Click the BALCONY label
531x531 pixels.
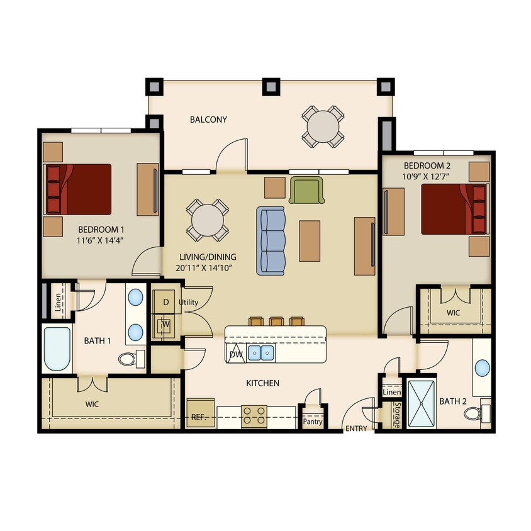click(208, 120)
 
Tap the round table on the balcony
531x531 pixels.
click(323, 126)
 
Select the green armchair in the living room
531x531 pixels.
click(306, 190)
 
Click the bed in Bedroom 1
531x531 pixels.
click(78, 188)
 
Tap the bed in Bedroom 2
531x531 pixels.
click(454, 208)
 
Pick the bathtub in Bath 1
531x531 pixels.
click(57, 349)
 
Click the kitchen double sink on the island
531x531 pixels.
click(260, 352)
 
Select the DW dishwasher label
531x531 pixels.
click(236, 355)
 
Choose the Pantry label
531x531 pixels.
click(312, 422)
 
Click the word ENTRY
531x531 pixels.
click(355, 428)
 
